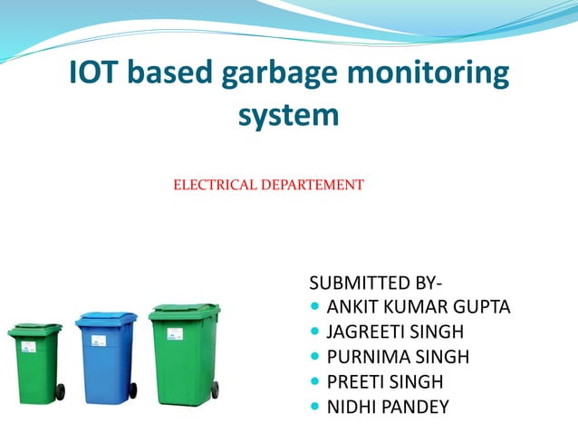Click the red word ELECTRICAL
point(215,185)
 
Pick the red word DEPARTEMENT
point(313,185)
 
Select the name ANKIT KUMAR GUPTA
point(419,307)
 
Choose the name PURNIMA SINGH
point(392,356)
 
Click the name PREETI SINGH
point(385,381)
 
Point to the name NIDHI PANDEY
point(388,407)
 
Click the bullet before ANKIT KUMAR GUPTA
point(315,307)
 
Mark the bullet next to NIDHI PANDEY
point(315,407)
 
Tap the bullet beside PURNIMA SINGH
point(315,356)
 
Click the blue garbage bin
point(106,358)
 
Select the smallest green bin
point(35,362)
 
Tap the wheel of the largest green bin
point(215,390)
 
